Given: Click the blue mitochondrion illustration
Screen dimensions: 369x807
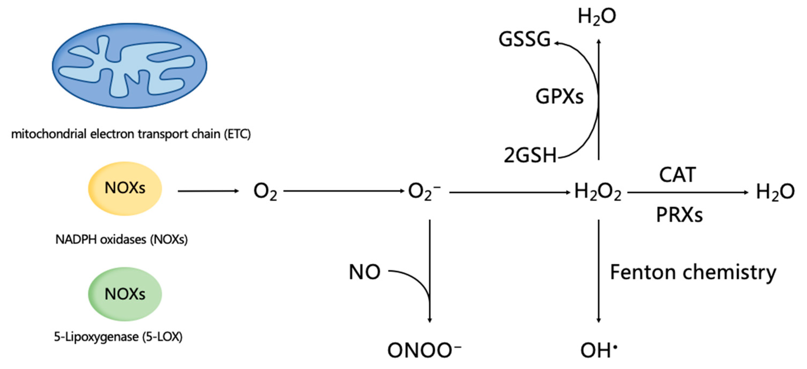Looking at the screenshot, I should (129, 66).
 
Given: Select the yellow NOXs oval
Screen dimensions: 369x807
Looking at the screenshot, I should (125, 188).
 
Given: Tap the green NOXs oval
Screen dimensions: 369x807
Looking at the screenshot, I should (125, 294).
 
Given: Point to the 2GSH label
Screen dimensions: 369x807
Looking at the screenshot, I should (530, 155).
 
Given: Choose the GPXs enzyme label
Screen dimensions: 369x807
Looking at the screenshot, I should (560, 96).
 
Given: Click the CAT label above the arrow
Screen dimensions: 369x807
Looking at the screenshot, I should (677, 175).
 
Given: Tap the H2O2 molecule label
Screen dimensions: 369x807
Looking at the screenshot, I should (598, 192).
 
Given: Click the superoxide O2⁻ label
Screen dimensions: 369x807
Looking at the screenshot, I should (424, 191).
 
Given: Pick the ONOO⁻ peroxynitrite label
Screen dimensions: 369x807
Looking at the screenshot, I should (424, 350).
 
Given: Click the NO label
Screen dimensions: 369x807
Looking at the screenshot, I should (365, 272).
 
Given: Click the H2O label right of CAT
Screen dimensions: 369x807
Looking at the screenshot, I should (775, 192).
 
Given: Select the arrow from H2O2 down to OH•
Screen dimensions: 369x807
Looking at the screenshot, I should (599, 271).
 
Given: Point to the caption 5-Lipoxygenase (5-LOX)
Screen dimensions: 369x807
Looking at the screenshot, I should (118, 337).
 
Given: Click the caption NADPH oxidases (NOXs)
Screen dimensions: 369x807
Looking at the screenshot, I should (121, 240).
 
